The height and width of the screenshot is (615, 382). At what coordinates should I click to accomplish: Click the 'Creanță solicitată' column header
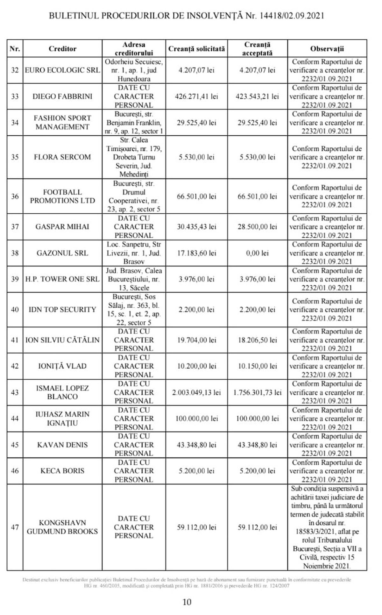click(x=196, y=49)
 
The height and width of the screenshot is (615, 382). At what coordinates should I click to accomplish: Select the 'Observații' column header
click(x=327, y=49)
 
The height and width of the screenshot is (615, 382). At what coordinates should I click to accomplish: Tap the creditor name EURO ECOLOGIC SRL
click(x=62, y=70)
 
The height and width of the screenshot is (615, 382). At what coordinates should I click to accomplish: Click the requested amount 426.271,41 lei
click(x=196, y=96)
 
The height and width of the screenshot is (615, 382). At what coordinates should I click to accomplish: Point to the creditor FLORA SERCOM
click(x=62, y=157)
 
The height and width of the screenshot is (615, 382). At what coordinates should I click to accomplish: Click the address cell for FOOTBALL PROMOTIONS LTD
click(x=134, y=196)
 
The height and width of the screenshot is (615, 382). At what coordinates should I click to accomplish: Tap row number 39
click(x=15, y=279)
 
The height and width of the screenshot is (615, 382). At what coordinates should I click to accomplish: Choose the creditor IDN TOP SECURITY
click(x=62, y=309)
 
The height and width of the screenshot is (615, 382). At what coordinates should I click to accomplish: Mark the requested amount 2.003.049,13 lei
click(x=196, y=392)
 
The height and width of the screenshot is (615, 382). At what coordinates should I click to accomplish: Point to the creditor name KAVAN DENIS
click(x=62, y=445)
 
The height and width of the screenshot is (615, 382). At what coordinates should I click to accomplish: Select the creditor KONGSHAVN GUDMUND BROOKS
click(x=62, y=527)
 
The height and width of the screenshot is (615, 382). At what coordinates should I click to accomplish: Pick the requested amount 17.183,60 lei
click(x=196, y=253)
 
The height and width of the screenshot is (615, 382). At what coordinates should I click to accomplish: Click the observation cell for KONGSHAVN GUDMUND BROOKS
click(x=327, y=527)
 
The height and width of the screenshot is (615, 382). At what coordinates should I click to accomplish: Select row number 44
click(x=15, y=418)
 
